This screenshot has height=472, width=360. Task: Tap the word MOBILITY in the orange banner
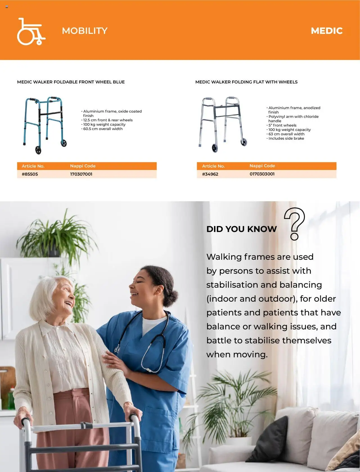coord(85,31)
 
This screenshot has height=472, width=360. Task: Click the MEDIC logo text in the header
coord(327,31)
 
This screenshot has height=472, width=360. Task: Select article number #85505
coord(30,174)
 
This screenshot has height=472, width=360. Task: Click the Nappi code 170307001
coord(81,174)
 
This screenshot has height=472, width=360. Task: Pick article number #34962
coord(210,174)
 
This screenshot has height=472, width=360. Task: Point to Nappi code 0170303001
coord(262,174)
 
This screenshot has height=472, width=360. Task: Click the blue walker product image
coord(45,125)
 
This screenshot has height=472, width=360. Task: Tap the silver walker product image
coord(222,124)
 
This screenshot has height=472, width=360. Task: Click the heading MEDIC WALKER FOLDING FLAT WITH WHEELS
coord(246,82)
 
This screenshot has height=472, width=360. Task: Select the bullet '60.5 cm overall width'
coord(102,129)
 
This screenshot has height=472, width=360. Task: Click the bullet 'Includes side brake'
coord(285,138)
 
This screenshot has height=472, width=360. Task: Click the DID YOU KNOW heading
coord(242,229)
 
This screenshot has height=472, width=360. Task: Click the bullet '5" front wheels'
coord(282,125)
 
